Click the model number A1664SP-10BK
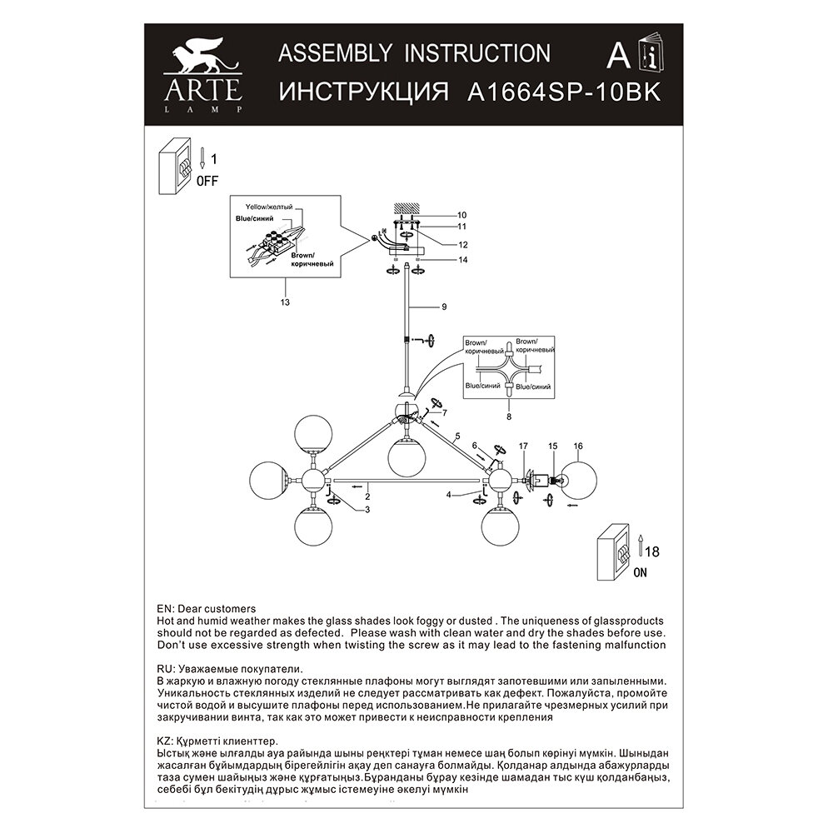(x=564, y=91)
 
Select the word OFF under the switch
(x=207, y=180)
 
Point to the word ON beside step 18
(x=640, y=572)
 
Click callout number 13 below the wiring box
(x=285, y=302)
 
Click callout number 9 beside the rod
(x=444, y=307)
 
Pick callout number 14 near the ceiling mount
(x=462, y=261)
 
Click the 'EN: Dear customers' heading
(x=206, y=609)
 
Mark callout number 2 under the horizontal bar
(x=366, y=496)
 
